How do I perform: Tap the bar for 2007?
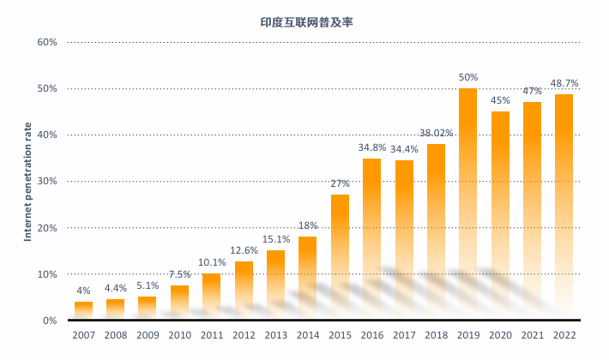(x=83, y=310)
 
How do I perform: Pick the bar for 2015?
(x=340, y=257)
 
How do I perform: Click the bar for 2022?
(x=564, y=207)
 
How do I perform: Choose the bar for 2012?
(x=244, y=291)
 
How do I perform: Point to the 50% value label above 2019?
(x=468, y=77)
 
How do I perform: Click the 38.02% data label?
(x=436, y=133)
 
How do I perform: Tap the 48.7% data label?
(x=564, y=83)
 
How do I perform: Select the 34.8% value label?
(x=371, y=148)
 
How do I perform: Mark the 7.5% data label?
(x=179, y=274)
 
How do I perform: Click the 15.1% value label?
(x=276, y=239)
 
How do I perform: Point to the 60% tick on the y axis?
(x=46, y=42)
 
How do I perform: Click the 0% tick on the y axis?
(x=50, y=321)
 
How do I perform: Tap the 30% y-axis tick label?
(x=46, y=182)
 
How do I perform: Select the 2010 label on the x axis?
(x=179, y=335)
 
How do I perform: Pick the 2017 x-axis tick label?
(x=404, y=335)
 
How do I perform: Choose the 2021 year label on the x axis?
(x=533, y=335)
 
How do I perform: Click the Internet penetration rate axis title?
(x=27, y=182)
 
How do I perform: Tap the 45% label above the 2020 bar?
(x=500, y=100)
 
